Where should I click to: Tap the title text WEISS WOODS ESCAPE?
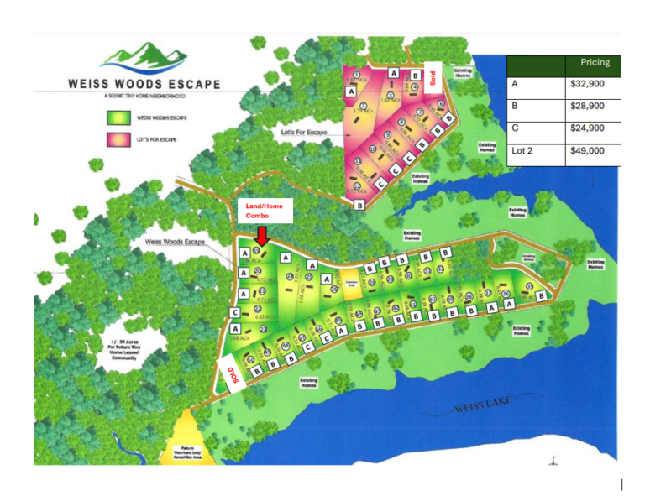pyautogui.click(x=145, y=84)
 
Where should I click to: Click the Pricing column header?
pyautogui.click(x=595, y=63)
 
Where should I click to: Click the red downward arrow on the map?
pyautogui.click(x=262, y=234)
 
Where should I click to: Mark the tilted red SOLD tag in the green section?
pyautogui.click(x=228, y=376)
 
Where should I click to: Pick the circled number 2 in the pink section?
pyautogui.click(x=363, y=107)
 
